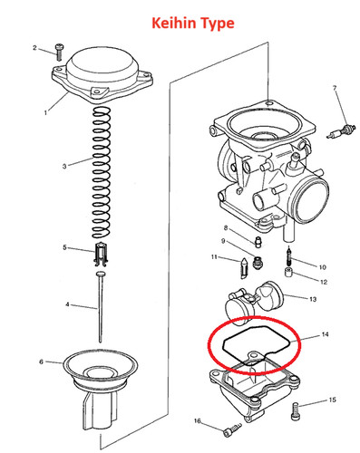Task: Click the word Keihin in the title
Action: click(174, 23)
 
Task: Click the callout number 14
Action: click(325, 334)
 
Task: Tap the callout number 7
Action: click(335, 88)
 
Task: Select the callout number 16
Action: click(197, 420)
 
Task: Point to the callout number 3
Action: click(64, 166)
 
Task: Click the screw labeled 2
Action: click(59, 52)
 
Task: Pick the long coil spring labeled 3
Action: click(101, 172)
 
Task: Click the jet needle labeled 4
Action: click(100, 306)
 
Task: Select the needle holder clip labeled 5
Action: click(101, 255)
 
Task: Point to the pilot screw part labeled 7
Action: click(341, 131)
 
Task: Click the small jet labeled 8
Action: click(258, 243)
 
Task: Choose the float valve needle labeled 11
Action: click(243, 267)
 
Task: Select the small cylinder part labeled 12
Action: click(288, 273)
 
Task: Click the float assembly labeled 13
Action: click(255, 303)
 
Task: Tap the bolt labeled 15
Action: click(296, 411)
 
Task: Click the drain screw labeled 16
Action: click(232, 429)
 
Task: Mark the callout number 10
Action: click(323, 267)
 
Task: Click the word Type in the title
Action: click(218, 24)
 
